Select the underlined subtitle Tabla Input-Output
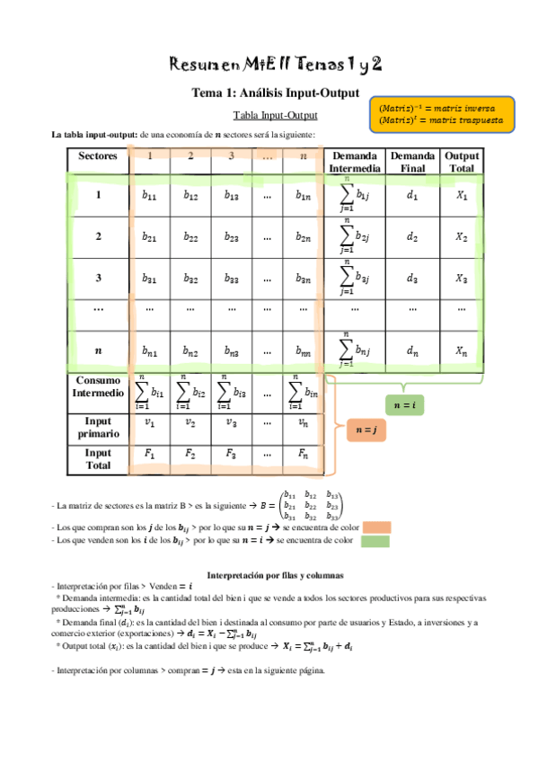275,116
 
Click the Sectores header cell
98,155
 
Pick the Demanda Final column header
412,162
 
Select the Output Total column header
462,162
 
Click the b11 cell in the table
148,195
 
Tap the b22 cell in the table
190,237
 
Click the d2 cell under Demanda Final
412,237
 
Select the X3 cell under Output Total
462,279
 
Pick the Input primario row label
98,428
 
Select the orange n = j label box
365,430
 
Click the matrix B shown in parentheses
311,505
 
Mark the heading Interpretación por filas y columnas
276,574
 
